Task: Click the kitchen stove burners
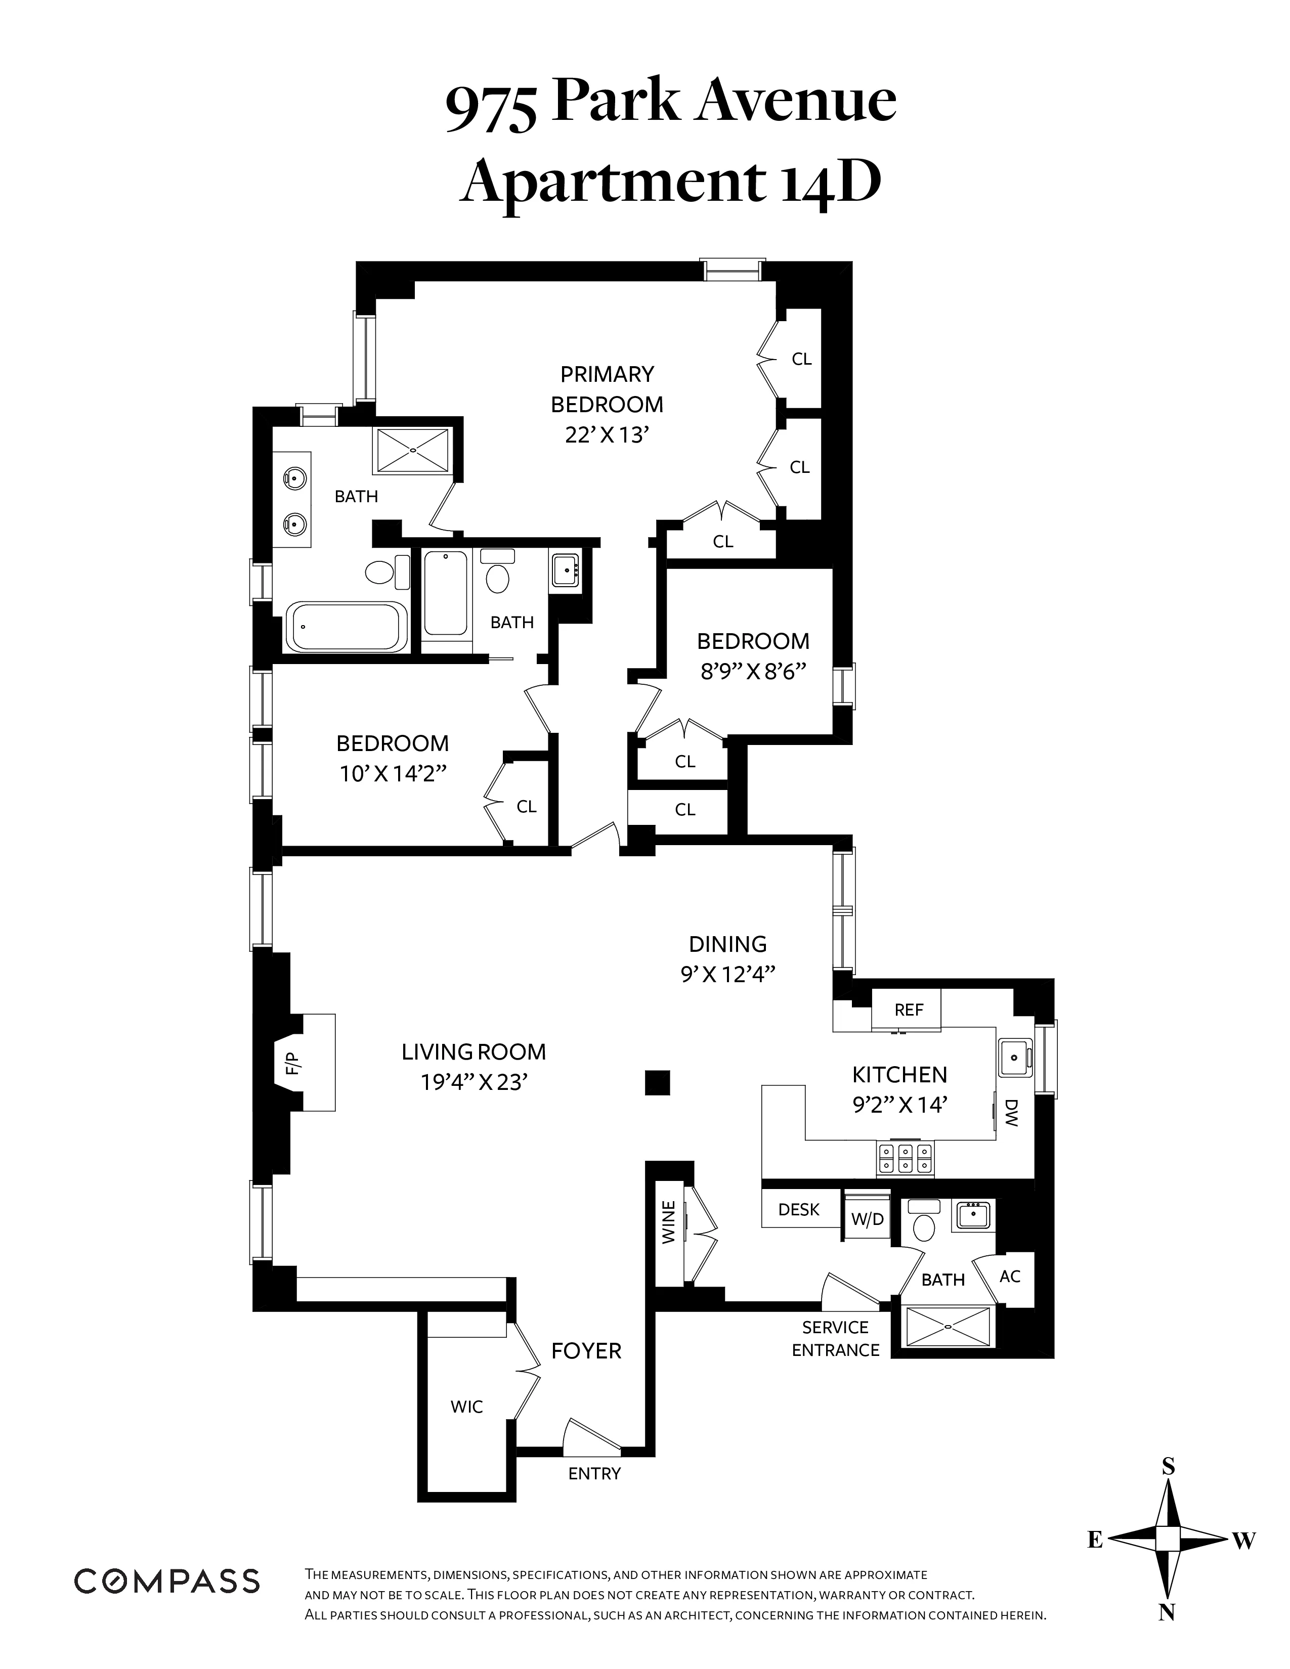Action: coord(905,1158)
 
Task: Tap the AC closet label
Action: coord(1010,1276)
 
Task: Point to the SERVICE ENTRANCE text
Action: coord(835,1339)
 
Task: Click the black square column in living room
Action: coord(657,1083)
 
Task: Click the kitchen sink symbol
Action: coord(1015,1057)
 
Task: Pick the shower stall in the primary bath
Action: coord(413,450)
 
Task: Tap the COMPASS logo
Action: coord(166,1581)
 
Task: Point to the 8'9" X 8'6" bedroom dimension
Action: coord(754,672)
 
